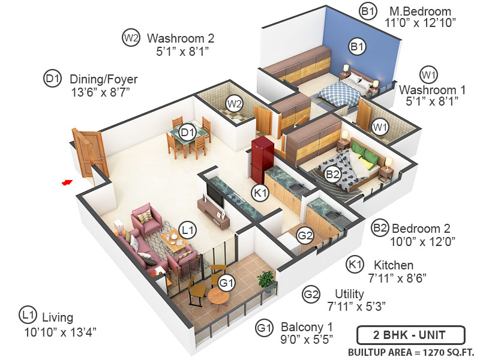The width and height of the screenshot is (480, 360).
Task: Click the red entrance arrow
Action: click(67, 181)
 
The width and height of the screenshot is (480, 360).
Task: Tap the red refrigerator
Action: click(262, 160)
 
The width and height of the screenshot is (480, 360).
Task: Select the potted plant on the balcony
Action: click(265, 280)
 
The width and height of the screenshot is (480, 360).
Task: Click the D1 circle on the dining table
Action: click(188, 131)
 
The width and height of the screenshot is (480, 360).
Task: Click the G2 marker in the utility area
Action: click(305, 235)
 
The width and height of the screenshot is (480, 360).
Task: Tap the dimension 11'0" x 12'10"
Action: click(421, 23)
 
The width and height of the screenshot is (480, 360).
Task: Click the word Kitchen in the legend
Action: click(394, 265)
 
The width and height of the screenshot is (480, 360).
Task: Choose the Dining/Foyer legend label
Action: click(104, 79)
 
